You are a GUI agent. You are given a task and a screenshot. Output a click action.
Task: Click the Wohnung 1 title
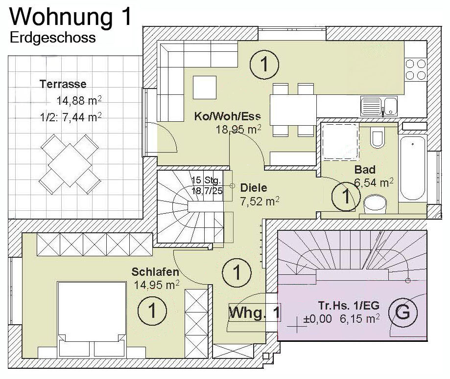71,17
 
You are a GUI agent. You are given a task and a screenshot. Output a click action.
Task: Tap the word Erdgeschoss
53,38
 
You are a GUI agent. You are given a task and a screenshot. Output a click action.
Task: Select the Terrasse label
63,84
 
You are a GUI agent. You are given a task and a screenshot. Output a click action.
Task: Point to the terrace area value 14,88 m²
79,101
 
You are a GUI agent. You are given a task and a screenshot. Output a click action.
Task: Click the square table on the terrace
70,164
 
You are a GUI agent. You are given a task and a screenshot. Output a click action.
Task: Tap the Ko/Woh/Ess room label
228,116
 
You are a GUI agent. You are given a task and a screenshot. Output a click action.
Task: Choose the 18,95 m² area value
238,129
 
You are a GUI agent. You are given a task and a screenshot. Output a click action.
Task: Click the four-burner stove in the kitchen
416,69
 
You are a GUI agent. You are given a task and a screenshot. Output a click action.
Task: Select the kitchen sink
379,106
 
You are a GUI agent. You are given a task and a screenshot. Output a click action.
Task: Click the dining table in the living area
293,110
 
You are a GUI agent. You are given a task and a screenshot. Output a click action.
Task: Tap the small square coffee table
205,87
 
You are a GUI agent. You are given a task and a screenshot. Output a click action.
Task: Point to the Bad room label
365,170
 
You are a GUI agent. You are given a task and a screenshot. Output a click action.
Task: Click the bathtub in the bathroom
413,168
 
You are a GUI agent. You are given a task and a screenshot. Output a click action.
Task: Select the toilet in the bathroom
377,139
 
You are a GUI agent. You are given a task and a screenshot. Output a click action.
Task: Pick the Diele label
254,188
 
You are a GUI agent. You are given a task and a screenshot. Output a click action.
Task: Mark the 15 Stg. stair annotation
206,180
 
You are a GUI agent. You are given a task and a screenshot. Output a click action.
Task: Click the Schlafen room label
155,272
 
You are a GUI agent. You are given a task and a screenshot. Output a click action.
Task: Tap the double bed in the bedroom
92,319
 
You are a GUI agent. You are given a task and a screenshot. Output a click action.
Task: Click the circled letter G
403,312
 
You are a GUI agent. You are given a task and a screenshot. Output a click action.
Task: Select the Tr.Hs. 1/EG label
349,306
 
